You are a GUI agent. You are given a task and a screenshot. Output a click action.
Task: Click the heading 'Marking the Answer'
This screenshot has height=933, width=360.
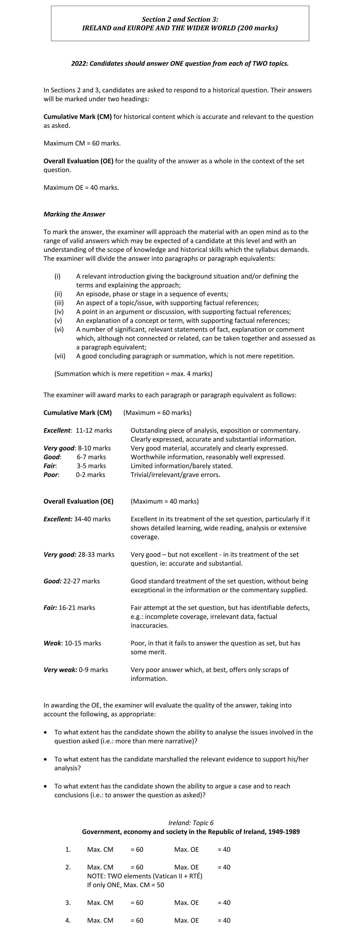[74, 214]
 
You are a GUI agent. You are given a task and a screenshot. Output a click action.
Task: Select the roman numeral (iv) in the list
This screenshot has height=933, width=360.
[59, 312]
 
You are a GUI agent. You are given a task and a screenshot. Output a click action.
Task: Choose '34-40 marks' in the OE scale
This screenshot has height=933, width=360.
[92, 519]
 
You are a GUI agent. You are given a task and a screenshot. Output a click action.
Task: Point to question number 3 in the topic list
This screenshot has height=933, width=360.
[68, 903]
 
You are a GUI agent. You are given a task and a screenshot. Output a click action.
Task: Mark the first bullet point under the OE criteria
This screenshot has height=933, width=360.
[45, 732]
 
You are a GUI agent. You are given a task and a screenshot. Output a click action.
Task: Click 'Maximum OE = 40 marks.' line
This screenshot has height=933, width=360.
[81, 188]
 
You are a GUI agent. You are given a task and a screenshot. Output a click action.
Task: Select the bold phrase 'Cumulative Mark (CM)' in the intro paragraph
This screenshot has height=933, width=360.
[77, 117]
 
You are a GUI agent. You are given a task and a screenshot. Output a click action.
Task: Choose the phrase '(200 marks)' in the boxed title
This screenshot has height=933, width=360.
[257, 28]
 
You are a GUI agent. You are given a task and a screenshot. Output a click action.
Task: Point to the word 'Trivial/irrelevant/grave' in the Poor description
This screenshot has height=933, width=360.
[164, 475]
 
